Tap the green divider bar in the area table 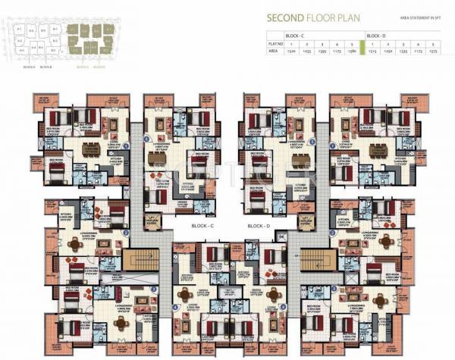[x=362, y=48]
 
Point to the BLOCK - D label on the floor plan [x=259, y=226]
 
